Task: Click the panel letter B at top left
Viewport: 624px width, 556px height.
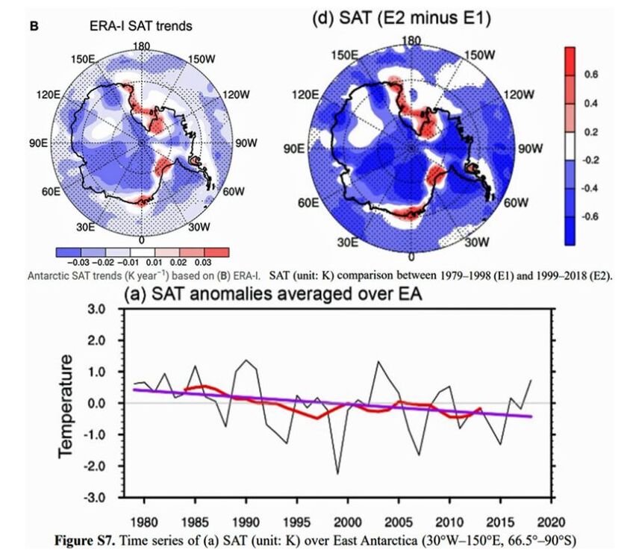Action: [x=34, y=25]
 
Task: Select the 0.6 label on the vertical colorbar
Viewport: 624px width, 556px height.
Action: [x=592, y=75]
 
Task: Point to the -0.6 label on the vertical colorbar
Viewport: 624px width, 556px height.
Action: [x=590, y=216]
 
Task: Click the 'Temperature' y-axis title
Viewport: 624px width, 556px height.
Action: [x=66, y=404]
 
